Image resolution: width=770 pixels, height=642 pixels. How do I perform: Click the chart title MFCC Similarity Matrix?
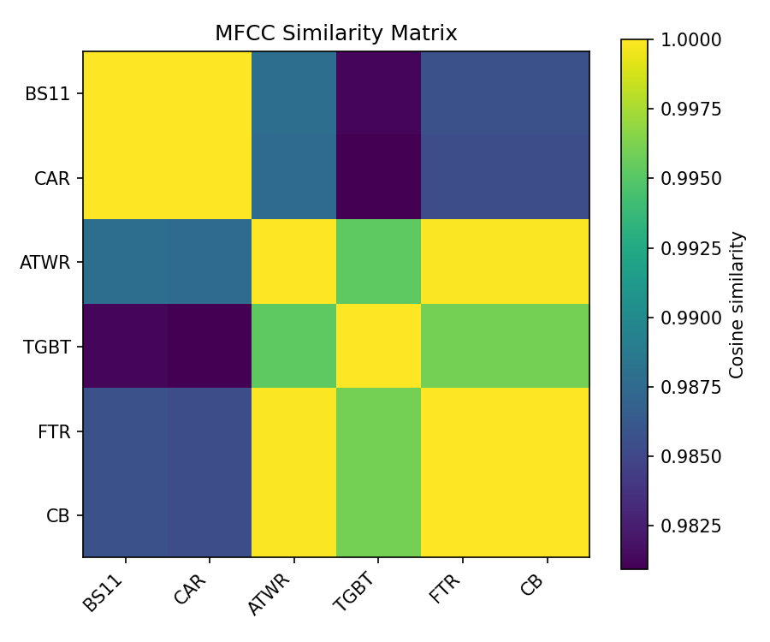click(x=335, y=33)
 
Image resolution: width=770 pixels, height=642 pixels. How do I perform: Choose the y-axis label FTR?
click(x=55, y=431)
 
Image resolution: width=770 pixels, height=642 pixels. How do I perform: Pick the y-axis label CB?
click(x=58, y=515)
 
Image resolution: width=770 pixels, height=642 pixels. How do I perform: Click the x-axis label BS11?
click(x=105, y=591)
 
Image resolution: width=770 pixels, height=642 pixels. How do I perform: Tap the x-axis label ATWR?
click(x=270, y=593)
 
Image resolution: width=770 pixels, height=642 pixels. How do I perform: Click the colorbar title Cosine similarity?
click(x=737, y=304)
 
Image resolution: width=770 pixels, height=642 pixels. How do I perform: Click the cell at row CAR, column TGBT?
click(x=378, y=178)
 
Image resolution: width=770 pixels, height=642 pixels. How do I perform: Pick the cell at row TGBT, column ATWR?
click(x=293, y=347)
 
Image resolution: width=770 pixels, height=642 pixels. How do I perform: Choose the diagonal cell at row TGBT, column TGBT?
click(x=378, y=347)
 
